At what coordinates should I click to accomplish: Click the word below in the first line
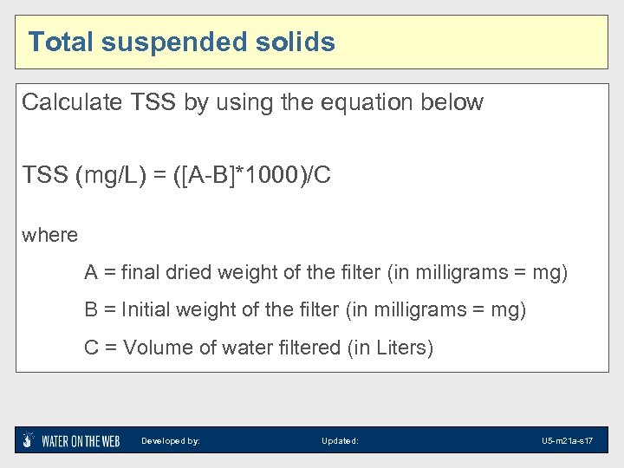453,102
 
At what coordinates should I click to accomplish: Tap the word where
49,235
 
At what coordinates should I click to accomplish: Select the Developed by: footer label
171,441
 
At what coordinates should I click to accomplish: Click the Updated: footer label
340,441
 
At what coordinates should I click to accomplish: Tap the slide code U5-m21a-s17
567,441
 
